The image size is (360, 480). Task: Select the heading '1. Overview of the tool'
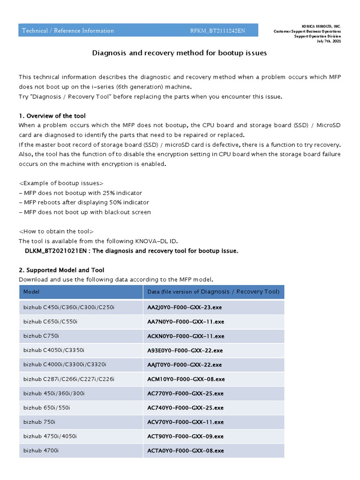(52, 116)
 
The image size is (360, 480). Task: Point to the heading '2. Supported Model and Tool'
(61, 270)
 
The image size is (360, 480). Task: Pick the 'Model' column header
(31, 292)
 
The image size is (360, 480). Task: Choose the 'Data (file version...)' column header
(213, 292)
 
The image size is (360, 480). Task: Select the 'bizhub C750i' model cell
(41, 336)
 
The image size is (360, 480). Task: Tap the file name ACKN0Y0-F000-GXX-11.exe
(186, 336)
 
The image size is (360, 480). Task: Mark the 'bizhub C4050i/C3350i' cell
(54, 350)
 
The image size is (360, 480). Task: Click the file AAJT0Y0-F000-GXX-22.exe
(185, 365)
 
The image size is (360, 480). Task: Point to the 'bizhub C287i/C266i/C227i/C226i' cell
(69, 379)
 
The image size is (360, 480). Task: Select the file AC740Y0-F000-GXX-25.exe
(185, 408)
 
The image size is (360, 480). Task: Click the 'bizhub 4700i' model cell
(41, 450)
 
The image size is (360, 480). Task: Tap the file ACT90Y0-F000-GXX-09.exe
(186, 436)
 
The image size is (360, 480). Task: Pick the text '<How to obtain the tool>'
(56, 232)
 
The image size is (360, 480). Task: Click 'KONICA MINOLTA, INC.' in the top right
(321, 26)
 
